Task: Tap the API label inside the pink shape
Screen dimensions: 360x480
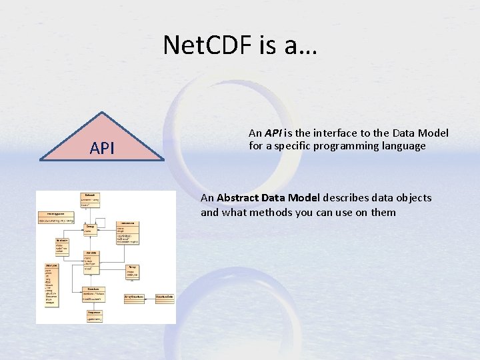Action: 102,148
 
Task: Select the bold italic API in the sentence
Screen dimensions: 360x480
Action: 273,133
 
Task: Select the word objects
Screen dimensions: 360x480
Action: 411,198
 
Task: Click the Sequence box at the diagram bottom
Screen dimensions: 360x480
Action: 95,315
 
